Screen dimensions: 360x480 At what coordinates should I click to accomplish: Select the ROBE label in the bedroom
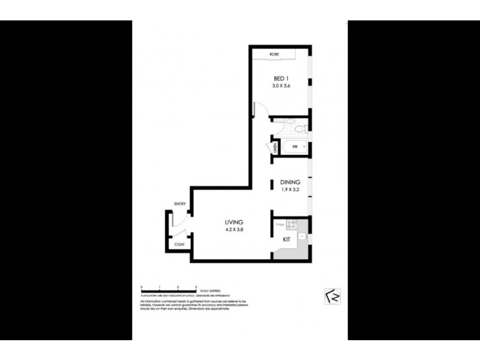(275, 55)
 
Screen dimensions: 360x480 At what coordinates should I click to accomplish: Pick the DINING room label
(289, 182)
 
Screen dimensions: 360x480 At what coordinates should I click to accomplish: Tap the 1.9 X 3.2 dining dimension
(289, 190)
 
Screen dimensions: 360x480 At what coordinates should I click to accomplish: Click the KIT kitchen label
(287, 239)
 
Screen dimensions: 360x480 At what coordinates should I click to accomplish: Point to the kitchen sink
(302, 236)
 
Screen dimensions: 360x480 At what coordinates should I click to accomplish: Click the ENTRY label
(179, 205)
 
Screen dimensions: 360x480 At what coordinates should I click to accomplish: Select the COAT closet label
(179, 244)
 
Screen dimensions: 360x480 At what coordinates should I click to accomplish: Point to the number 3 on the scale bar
(196, 287)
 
